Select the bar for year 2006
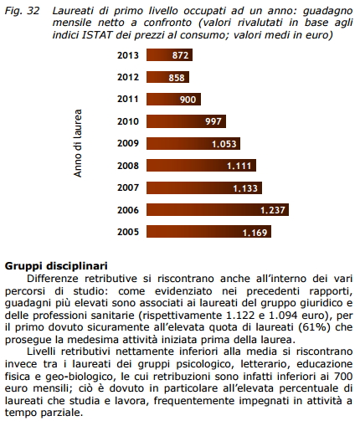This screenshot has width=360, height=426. point(218,209)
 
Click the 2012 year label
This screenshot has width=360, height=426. point(128,77)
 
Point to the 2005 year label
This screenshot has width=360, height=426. point(128,232)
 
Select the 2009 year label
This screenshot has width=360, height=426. point(128,143)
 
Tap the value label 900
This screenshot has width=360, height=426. point(188,100)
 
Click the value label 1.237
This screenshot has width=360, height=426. point(274,209)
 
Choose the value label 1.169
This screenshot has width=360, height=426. point(255,232)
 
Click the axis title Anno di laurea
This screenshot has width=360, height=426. point(77,143)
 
